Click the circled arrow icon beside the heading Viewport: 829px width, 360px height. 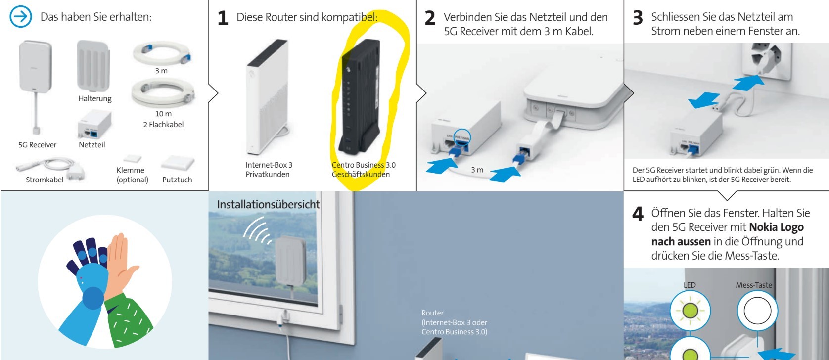click(20, 17)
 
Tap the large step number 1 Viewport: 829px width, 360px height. click(223, 18)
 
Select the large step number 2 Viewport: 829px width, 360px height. click(430, 18)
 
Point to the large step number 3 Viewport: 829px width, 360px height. click(638, 18)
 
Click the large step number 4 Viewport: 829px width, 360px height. click(638, 214)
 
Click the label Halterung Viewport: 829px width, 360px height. click(95, 98)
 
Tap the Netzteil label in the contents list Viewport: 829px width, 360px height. click(92, 145)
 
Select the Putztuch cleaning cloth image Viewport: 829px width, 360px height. click(178, 162)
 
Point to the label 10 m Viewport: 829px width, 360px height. click(163, 114)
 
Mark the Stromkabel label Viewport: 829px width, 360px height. click(45, 180)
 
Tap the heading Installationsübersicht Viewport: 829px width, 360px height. click(268, 204)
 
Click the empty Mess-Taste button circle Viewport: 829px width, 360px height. click(757, 311)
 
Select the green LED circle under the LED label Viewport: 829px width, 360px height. click(690, 311)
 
